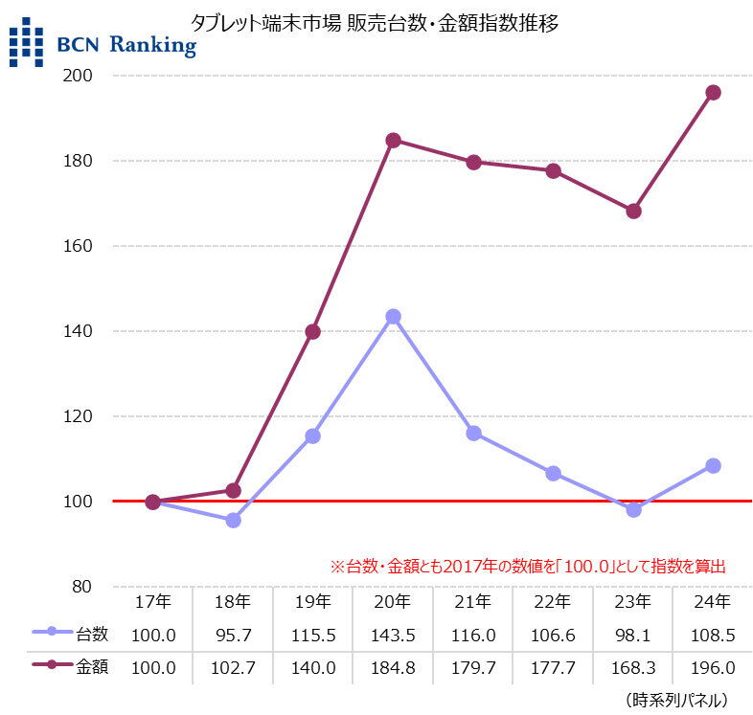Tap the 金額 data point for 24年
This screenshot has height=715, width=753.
coord(713,93)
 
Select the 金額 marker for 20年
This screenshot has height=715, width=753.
coord(393,141)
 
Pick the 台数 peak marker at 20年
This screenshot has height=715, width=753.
coord(393,317)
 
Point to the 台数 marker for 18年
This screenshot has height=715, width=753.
coord(233,520)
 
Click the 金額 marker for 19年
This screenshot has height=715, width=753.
coord(312,332)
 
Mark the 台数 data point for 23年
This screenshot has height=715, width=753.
coord(633,509)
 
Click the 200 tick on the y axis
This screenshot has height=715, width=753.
coord(93,76)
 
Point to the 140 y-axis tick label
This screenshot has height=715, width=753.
coord(93,331)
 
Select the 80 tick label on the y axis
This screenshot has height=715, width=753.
coord(97,587)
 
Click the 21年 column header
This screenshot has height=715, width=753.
coord(472,603)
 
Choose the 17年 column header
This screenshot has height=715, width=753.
coord(152,603)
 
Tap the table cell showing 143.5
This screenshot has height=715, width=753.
coord(393,635)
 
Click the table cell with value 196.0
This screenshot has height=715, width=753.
coord(713,668)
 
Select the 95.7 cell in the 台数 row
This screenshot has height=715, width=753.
coord(233,635)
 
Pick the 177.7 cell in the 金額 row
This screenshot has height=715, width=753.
coord(553,668)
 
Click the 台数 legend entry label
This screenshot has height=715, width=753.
coord(91,634)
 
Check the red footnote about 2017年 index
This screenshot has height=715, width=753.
coord(527,567)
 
